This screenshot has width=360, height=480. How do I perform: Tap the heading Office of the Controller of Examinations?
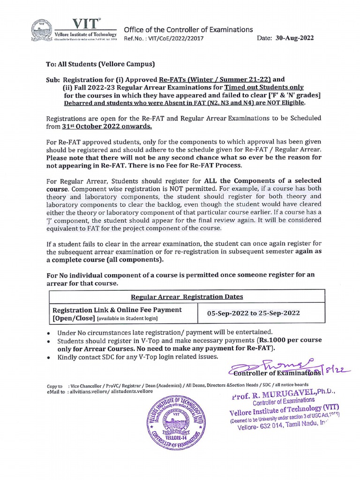pos(188,30)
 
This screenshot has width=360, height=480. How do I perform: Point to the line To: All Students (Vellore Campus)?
pos(100,64)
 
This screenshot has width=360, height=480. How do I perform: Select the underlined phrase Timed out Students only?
pos(264,87)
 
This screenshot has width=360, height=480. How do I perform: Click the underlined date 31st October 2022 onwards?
pos(106,126)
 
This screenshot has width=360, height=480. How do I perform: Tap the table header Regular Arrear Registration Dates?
pos(187,297)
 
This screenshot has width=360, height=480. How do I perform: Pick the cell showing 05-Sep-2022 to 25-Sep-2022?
pos(261,313)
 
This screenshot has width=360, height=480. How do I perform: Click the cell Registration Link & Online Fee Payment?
pos(117,310)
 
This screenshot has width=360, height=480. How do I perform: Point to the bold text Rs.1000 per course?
pos(290,340)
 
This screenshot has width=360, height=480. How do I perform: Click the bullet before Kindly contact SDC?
pos(50,357)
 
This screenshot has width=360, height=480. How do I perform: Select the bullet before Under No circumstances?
pos(50,331)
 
